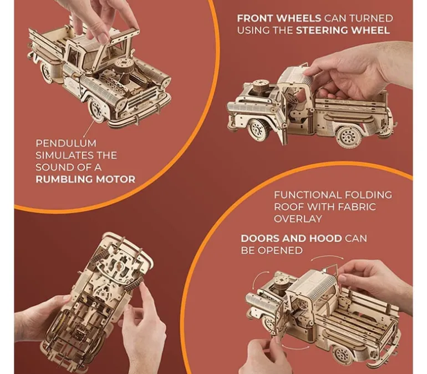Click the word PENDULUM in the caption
click(66, 143)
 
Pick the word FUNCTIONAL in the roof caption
click(307, 195)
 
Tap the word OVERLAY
click(298, 219)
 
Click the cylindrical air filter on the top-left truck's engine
click(124, 70)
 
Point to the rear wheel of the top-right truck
click(349, 137)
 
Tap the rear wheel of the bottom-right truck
click(342, 355)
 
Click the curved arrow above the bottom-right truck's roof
click(327, 256)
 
